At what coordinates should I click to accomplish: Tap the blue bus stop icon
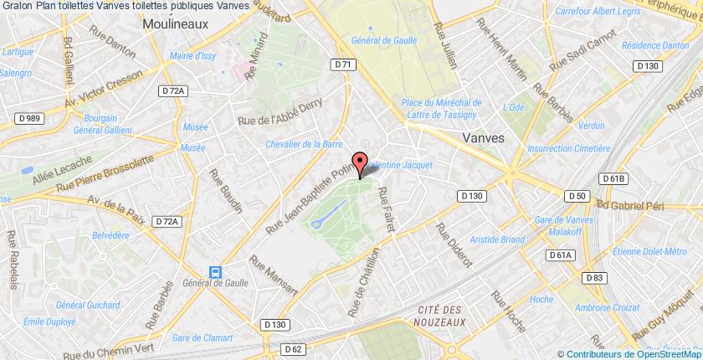(216, 271)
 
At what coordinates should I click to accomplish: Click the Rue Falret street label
(387, 207)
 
